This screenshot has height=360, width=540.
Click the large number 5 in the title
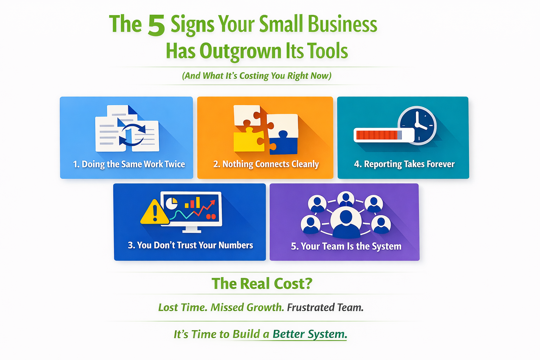156,25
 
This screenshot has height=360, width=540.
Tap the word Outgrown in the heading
240,51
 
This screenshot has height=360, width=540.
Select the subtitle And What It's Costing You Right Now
257,76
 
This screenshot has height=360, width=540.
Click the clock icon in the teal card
417,126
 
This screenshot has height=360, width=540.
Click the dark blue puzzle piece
283,142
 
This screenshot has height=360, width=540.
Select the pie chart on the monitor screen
172,204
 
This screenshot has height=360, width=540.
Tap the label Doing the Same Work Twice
129,164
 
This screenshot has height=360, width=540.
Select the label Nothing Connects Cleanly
266,164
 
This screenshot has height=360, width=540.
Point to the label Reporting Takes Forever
404,164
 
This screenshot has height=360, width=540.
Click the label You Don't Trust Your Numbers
190,245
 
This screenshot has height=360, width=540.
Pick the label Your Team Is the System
346,246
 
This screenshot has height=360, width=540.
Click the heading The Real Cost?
262,283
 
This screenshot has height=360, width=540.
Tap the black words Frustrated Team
325,307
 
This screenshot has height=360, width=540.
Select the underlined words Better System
310,334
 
